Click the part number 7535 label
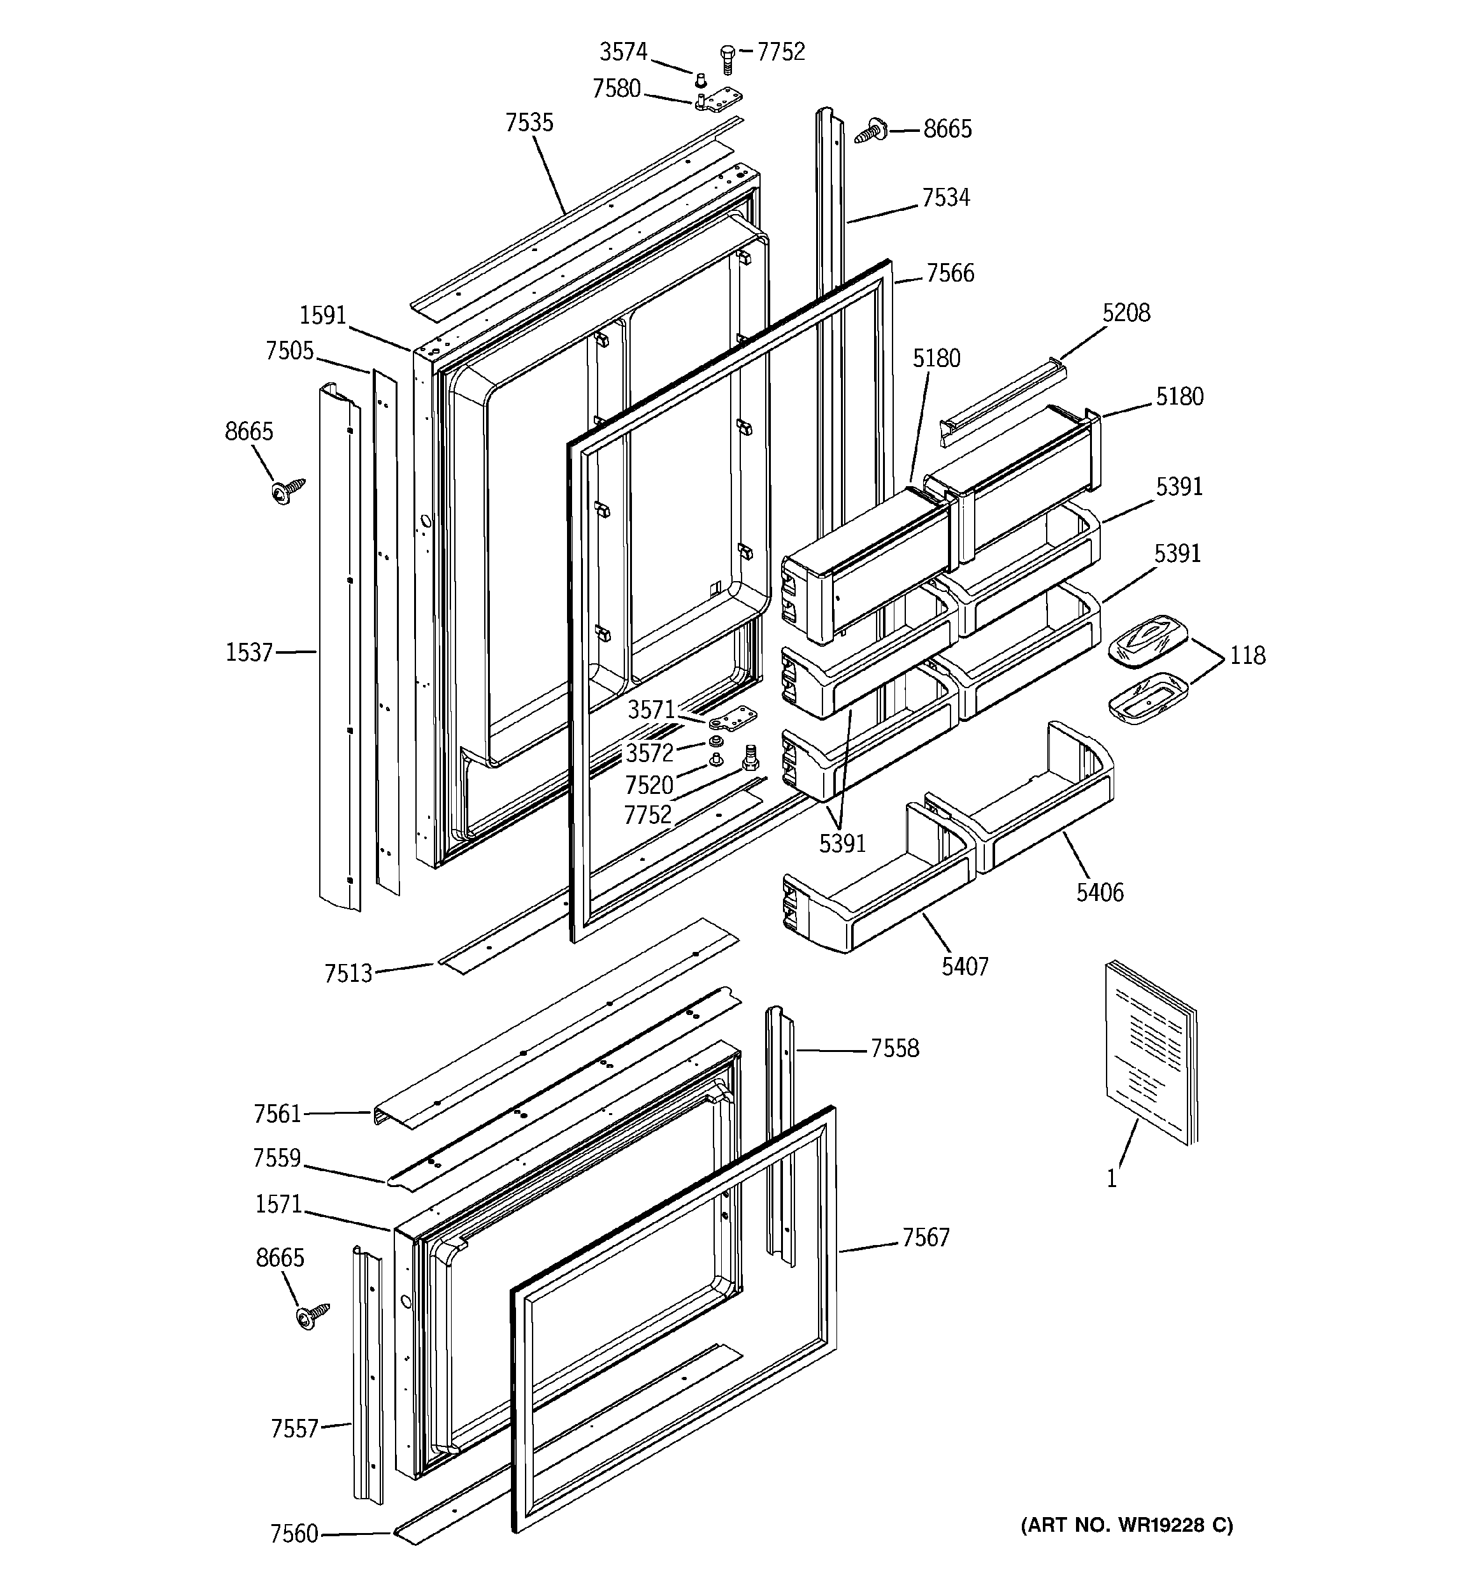tap(529, 123)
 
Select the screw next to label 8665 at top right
tap(871, 131)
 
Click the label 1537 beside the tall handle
tap(248, 652)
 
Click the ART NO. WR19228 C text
tap(1126, 1525)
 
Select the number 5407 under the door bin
tap(965, 966)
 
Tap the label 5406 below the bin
tap(1100, 893)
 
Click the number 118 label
tap(1247, 655)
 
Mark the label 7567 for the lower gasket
tap(925, 1237)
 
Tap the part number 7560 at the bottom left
tap(294, 1534)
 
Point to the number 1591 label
tap(323, 315)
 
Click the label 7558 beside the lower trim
tap(894, 1049)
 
